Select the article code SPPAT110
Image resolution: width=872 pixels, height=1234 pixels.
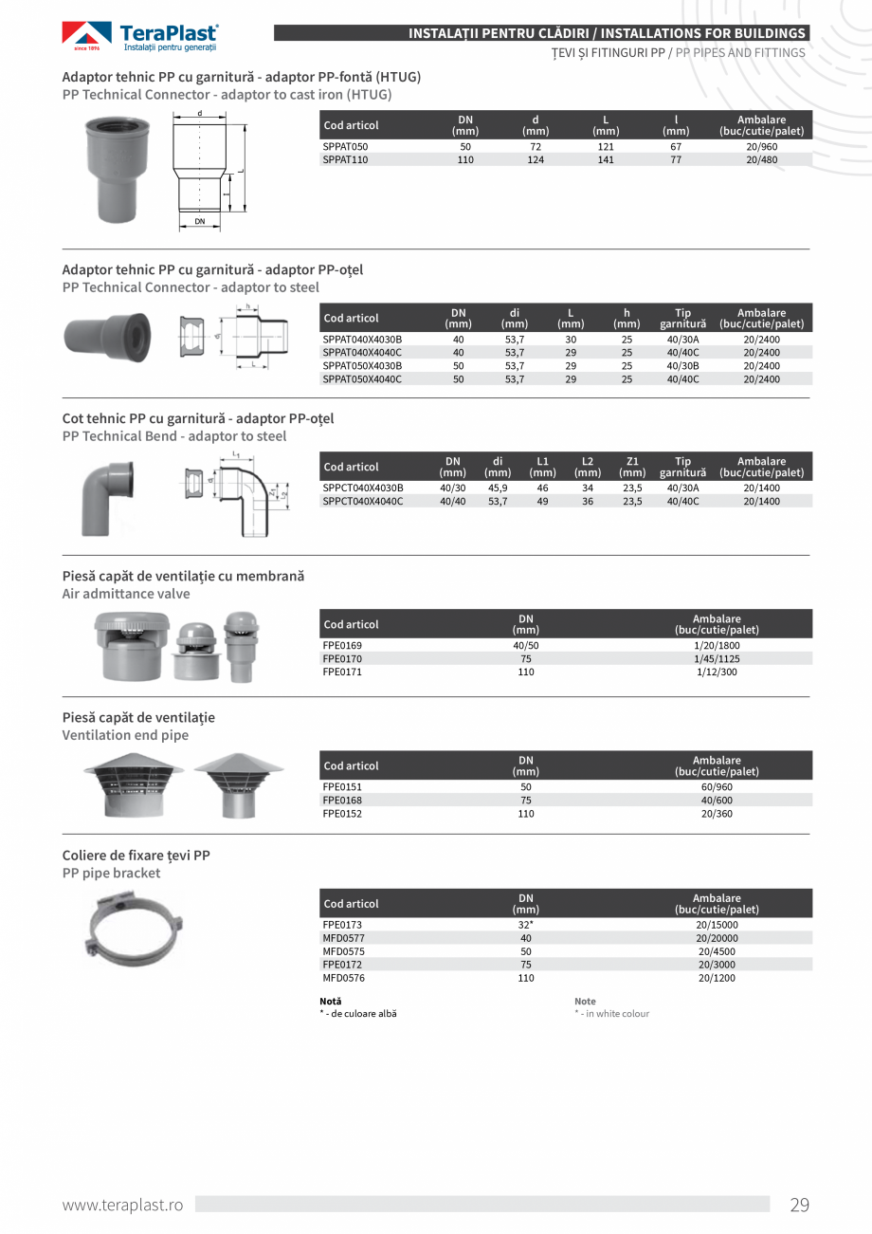[x=345, y=160]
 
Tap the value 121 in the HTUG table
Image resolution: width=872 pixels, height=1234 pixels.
[x=606, y=147]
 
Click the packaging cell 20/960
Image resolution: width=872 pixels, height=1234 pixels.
[x=761, y=147]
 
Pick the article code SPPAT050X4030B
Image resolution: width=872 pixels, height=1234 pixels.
[x=362, y=365]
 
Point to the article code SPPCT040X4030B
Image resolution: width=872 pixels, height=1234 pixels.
[x=363, y=488]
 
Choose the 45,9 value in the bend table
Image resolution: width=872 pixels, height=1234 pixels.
[x=498, y=488]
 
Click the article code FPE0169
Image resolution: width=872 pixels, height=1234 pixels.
[x=342, y=645]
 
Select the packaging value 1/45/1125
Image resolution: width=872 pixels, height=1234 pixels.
[x=717, y=658]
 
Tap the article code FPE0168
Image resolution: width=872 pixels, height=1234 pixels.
[x=342, y=800]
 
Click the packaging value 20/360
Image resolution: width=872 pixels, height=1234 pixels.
[x=717, y=814]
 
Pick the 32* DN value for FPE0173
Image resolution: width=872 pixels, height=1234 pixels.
[x=526, y=925]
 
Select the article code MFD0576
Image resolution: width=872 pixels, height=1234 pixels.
[x=344, y=978]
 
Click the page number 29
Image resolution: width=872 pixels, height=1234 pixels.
[x=799, y=1206]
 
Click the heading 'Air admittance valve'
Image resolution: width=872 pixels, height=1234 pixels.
[x=126, y=594]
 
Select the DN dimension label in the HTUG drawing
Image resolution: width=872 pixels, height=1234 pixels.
[x=200, y=221]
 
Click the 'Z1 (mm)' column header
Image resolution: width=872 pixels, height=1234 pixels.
[x=632, y=467]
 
